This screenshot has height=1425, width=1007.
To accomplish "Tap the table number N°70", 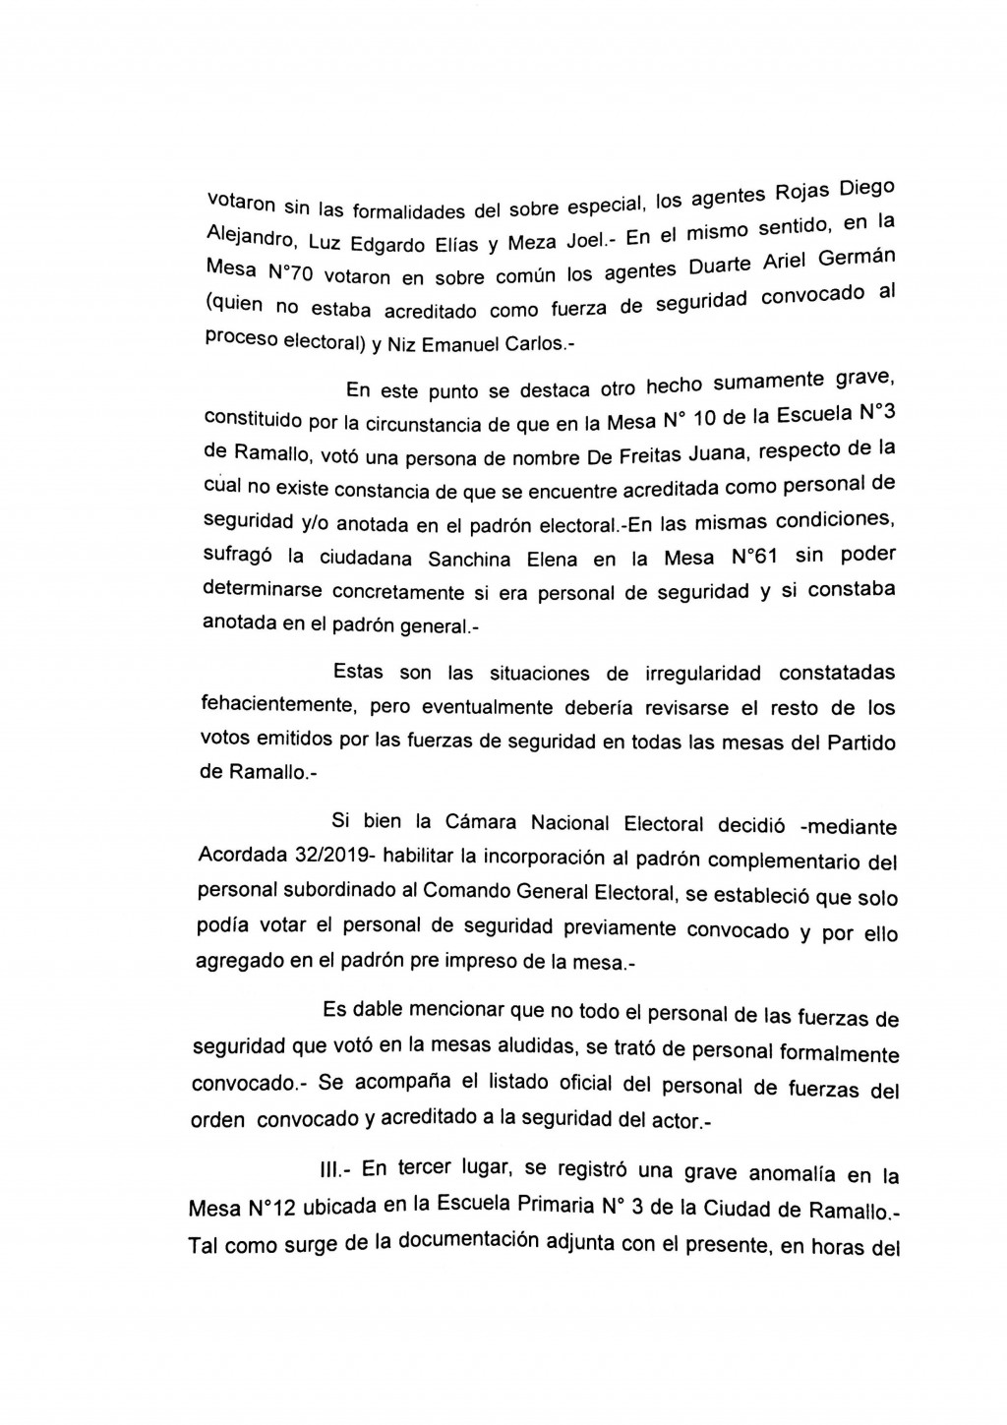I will click(x=292, y=274).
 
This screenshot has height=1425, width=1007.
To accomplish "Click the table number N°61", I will click(x=755, y=557).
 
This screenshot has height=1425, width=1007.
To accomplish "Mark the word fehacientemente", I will click(x=264, y=706).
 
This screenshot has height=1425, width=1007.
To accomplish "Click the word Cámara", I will click(x=460, y=823).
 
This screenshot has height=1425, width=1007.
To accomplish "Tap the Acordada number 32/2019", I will click(x=327, y=856).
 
